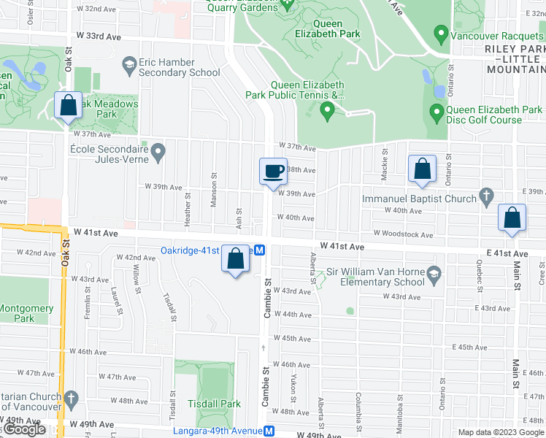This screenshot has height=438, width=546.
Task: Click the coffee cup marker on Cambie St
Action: [x=274, y=172]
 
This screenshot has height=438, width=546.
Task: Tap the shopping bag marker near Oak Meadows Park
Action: [x=68, y=106]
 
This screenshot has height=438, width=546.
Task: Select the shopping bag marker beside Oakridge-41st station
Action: [x=235, y=259]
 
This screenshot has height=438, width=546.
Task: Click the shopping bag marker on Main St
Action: [x=512, y=218]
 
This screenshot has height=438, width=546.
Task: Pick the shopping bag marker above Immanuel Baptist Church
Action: [x=422, y=169]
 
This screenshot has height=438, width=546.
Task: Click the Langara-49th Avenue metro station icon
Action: [x=269, y=431]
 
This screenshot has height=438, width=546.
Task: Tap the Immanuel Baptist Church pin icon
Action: [x=487, y=197]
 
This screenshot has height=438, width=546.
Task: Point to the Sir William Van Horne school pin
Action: [x=434, y=275]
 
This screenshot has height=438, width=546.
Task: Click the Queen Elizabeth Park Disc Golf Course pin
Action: [x=437, y=112]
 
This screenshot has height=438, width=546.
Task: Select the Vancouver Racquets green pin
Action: [x=440, y=34]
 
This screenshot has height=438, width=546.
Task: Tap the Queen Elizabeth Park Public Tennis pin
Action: [x=328, y=111]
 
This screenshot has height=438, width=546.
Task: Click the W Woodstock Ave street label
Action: [x=403, y=234]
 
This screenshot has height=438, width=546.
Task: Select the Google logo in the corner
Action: [x=26, y=429]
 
